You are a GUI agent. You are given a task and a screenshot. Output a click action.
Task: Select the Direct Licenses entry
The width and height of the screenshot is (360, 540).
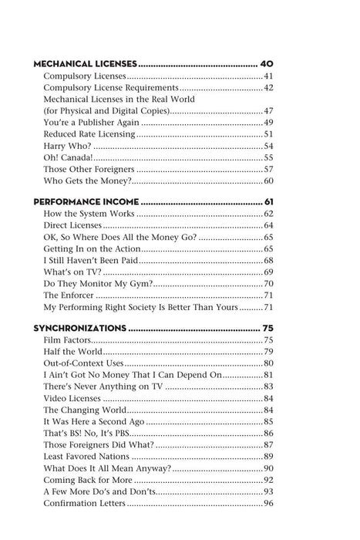[x=72, y=225]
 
